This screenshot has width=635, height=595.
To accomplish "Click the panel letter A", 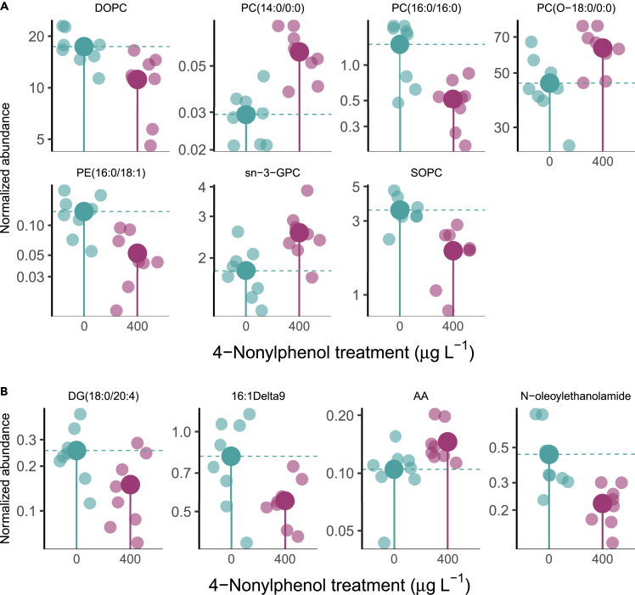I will [x=5, y=5].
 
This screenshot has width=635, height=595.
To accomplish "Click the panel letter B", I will [x=5, y=391].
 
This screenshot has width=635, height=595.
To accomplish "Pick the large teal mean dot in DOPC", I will [x=83, y=47].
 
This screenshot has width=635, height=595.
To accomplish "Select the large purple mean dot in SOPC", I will [x=452, y=250].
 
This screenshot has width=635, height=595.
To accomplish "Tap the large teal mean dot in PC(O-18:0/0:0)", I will [x=550, y=82].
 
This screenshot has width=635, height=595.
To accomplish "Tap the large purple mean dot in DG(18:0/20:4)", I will [x=130, y=485].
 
